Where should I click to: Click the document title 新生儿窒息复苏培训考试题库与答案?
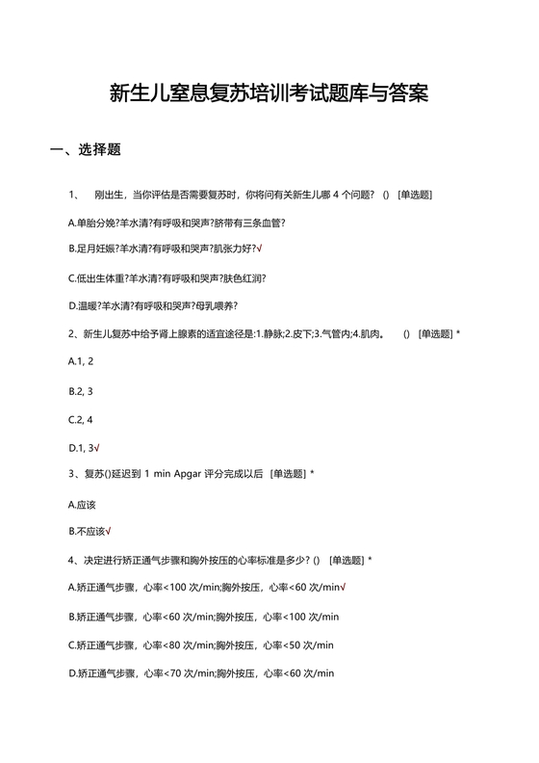coord(269,93)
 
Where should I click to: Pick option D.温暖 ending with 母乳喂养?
coord(153,306)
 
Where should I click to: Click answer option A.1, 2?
coord(81,362)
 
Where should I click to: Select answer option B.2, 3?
coord(81,391)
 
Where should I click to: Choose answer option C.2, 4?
coord(81,419)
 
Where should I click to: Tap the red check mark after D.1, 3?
coord(98,447)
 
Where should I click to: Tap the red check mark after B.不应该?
coord(109,531)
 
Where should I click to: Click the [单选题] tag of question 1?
coord(415,195)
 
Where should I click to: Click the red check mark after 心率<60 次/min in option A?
coord(344,588)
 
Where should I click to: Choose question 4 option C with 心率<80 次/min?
coord(201,645)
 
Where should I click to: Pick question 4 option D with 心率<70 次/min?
coord(201,672)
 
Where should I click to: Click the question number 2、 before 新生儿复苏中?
coord(74,335)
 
